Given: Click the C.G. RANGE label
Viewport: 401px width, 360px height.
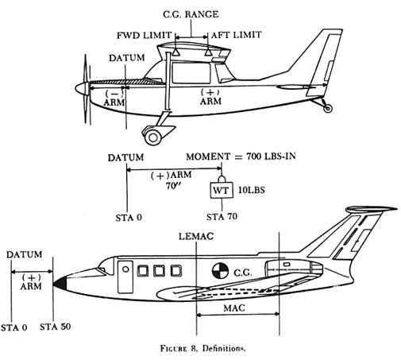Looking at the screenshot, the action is click(191, 14).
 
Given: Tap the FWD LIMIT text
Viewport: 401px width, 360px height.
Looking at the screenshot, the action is click(145, 35).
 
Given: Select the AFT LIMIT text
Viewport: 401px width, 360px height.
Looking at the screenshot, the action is click(236, 35).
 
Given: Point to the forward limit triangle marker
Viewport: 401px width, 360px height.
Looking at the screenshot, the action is click(176, 52).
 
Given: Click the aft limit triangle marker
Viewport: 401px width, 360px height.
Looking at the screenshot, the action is click(208, 52).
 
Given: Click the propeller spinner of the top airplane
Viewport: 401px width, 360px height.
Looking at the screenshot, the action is click(80, 88).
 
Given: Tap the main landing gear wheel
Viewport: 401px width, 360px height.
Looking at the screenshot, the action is click(153, 137).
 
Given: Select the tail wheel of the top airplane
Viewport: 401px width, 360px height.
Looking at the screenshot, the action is click(328, 108).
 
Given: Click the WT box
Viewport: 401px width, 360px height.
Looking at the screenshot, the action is click(222, 190).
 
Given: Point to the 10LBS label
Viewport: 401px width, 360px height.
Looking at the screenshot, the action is click(252, 190).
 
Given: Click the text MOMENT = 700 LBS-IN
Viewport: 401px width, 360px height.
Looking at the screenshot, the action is click(241, 157).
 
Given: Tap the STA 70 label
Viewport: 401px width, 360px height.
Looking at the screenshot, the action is click(222, 217).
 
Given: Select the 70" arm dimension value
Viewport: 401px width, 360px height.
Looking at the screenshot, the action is click(173, 186).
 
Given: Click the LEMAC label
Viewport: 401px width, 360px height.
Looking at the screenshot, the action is click(196, 236).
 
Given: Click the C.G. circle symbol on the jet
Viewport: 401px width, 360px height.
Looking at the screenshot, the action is click(220, 270).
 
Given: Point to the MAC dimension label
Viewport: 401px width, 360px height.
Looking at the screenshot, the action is click(234, 308).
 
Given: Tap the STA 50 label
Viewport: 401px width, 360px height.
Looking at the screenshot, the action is click(56, 327).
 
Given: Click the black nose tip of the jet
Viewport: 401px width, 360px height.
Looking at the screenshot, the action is click(60, 283).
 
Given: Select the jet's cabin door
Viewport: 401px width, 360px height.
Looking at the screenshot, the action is click(125, 277).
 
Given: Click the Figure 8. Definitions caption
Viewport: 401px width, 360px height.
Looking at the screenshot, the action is click(203, 348).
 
